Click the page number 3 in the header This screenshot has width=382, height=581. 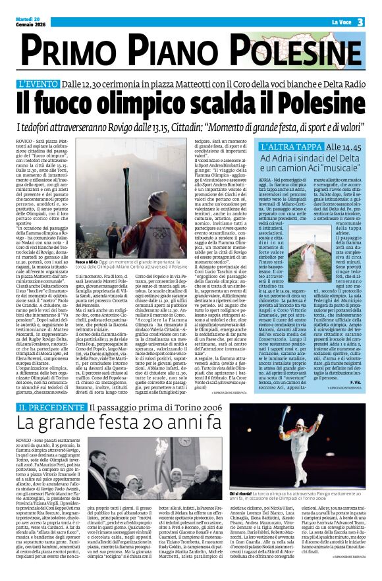click(360, 22)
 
